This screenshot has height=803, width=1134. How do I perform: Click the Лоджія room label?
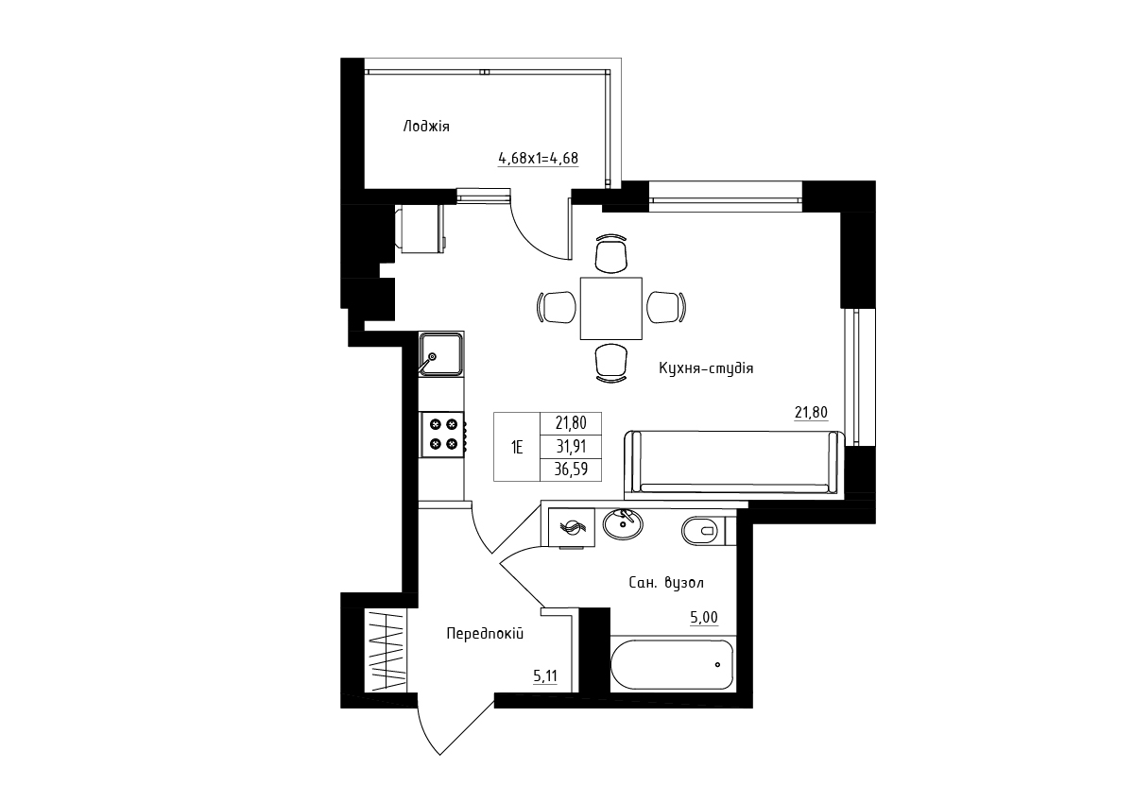pyautogui.click(x=426, y=127)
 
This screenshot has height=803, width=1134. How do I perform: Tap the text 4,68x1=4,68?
pyautogui.click(x=538, y=159)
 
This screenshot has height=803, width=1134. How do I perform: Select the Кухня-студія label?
pyautogui.click(x=706, y=368)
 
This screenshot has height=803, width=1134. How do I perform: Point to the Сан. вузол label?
pyautogui.click(x=666, y=583)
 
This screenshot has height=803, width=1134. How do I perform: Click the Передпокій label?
pyautogui.click(x=485, y=634)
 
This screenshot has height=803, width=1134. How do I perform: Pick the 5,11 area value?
pyautogui.click(x=545, y=676)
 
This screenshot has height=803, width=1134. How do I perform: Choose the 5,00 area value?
pyautogui.click(x=704, y=617)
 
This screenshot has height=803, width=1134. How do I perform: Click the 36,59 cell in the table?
pyautogui.click(x=571, y=470)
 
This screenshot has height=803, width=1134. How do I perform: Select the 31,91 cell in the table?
pyautogui.click(x=571, y=447)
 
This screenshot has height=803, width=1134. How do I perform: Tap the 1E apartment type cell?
pyautogui.click(x=517, y=447)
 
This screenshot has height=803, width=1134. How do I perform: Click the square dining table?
pyautogui.click(x=611, y=308)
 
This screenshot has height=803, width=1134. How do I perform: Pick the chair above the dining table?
pyautogui.click(x=611, y=253)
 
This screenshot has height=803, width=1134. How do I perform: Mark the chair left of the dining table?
pyautogui.click(x=557, y=307)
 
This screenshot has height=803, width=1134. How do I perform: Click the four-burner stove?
pyautogui.click(x=443, y=435)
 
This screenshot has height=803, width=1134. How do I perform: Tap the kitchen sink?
pyautogui.click(x=440, y=354)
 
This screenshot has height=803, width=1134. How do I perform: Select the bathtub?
pyautogui.click(x=672, y=665)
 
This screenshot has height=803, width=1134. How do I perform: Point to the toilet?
pyautogui.click(x=704, y=531)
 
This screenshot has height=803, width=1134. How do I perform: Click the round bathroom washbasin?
pyautogui.click(x=623, y=524)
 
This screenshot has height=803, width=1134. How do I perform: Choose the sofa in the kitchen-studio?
pyautogui.click(x=734, y=462)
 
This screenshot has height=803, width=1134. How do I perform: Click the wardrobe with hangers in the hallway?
pyautogui.click(x=386, y=650)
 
